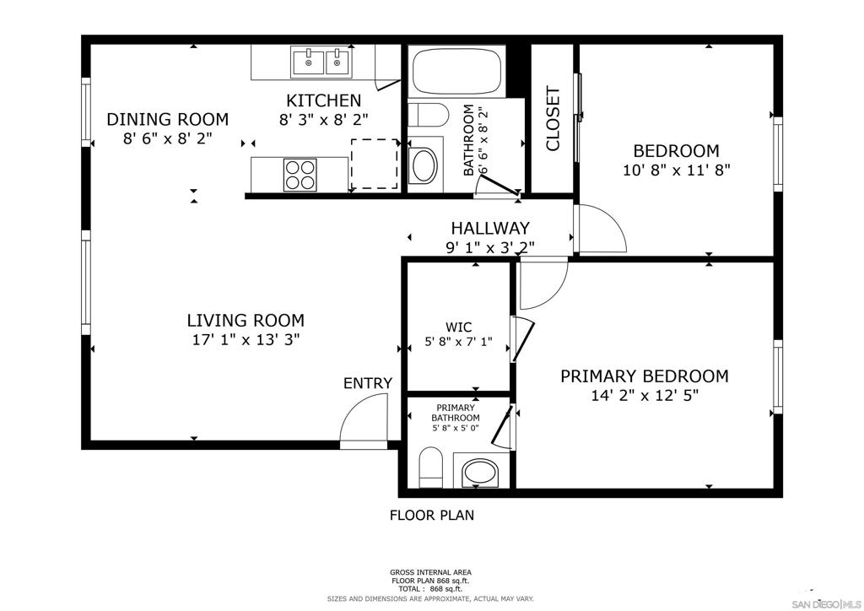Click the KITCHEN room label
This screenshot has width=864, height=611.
point(323,100)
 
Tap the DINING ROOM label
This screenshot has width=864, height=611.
point(168,119)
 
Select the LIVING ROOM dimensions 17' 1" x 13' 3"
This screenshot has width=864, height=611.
point(246,339)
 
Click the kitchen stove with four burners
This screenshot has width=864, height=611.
point(300,175)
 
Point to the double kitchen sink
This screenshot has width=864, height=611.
point(321,62)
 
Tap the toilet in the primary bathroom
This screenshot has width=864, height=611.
point(431,468)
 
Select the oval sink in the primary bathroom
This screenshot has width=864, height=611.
point(480,473)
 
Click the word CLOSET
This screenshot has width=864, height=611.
point(553,118)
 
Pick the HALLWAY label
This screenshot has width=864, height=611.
point(490,228)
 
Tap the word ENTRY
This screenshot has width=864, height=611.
point(368,383)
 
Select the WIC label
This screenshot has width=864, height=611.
point(458,327)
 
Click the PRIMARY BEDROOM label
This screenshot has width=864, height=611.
point(645,376)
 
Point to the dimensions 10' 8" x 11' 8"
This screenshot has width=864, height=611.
point(676,170)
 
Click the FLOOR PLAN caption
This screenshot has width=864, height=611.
point(432,515)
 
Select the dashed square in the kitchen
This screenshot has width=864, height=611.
point(375,164)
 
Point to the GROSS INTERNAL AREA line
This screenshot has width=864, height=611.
point(430,572)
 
